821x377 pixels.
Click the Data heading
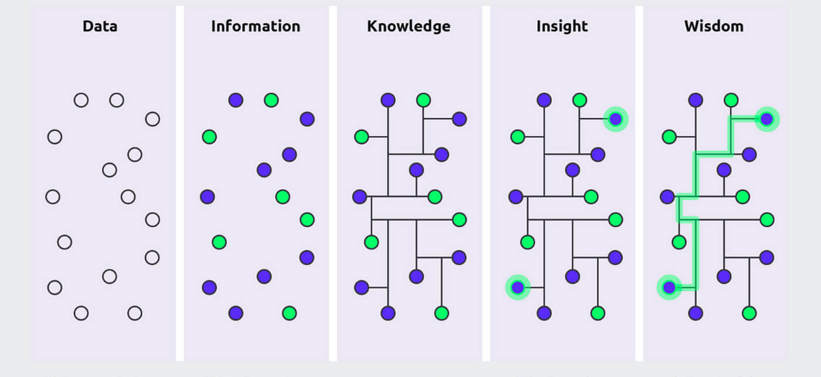100,26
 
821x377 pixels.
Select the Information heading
256,26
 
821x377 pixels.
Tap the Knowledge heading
409,26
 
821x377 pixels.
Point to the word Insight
562,26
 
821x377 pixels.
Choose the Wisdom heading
714,26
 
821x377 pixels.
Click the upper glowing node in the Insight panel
615,119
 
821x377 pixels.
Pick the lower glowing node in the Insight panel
517,287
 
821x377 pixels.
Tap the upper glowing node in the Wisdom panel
766,119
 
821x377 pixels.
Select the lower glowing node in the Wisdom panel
669,287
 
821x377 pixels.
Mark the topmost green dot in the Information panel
271,100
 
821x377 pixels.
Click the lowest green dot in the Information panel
289,313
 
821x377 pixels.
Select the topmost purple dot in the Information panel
236,100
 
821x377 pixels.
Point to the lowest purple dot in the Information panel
236,313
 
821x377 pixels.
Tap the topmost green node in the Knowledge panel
423,100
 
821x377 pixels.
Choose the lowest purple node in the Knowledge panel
388,313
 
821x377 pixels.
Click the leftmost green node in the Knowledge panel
361,137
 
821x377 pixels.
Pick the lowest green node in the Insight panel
598,313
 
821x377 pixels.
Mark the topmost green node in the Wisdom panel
731,100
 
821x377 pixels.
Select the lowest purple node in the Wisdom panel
696,313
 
